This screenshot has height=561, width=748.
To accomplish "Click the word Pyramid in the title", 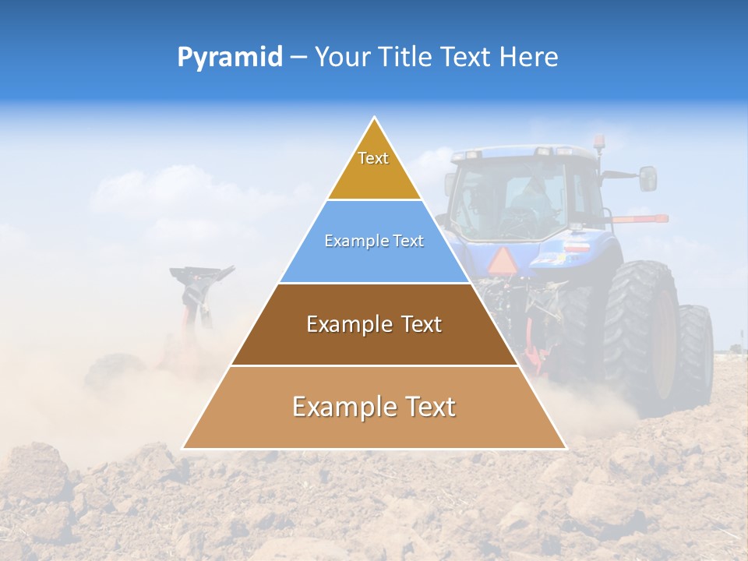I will pyautogui.click(x=229, y=57).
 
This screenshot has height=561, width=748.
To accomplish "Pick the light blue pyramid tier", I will pyautogui.click(x=374, y=257).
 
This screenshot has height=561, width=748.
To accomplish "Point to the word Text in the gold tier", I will pyautogui.click(x=373, y=158).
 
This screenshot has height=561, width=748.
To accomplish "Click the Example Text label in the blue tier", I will pyautogui.click(x=374, y=241).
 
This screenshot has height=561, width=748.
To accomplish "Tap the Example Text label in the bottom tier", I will pyautogui.click(x=374, y=407).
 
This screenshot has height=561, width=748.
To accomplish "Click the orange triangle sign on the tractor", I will pyautogui.click(x=500, y=259).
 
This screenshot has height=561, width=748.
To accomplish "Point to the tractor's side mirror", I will pyautogui.click(x=647, y=178).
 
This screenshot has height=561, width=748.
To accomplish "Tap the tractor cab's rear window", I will pyautogui.click(x=514, y=199).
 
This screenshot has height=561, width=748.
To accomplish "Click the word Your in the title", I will pyautogui.click(x=340, y=57).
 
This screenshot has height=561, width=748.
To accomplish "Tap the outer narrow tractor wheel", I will pyautogui.click(x=695, y=351).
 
